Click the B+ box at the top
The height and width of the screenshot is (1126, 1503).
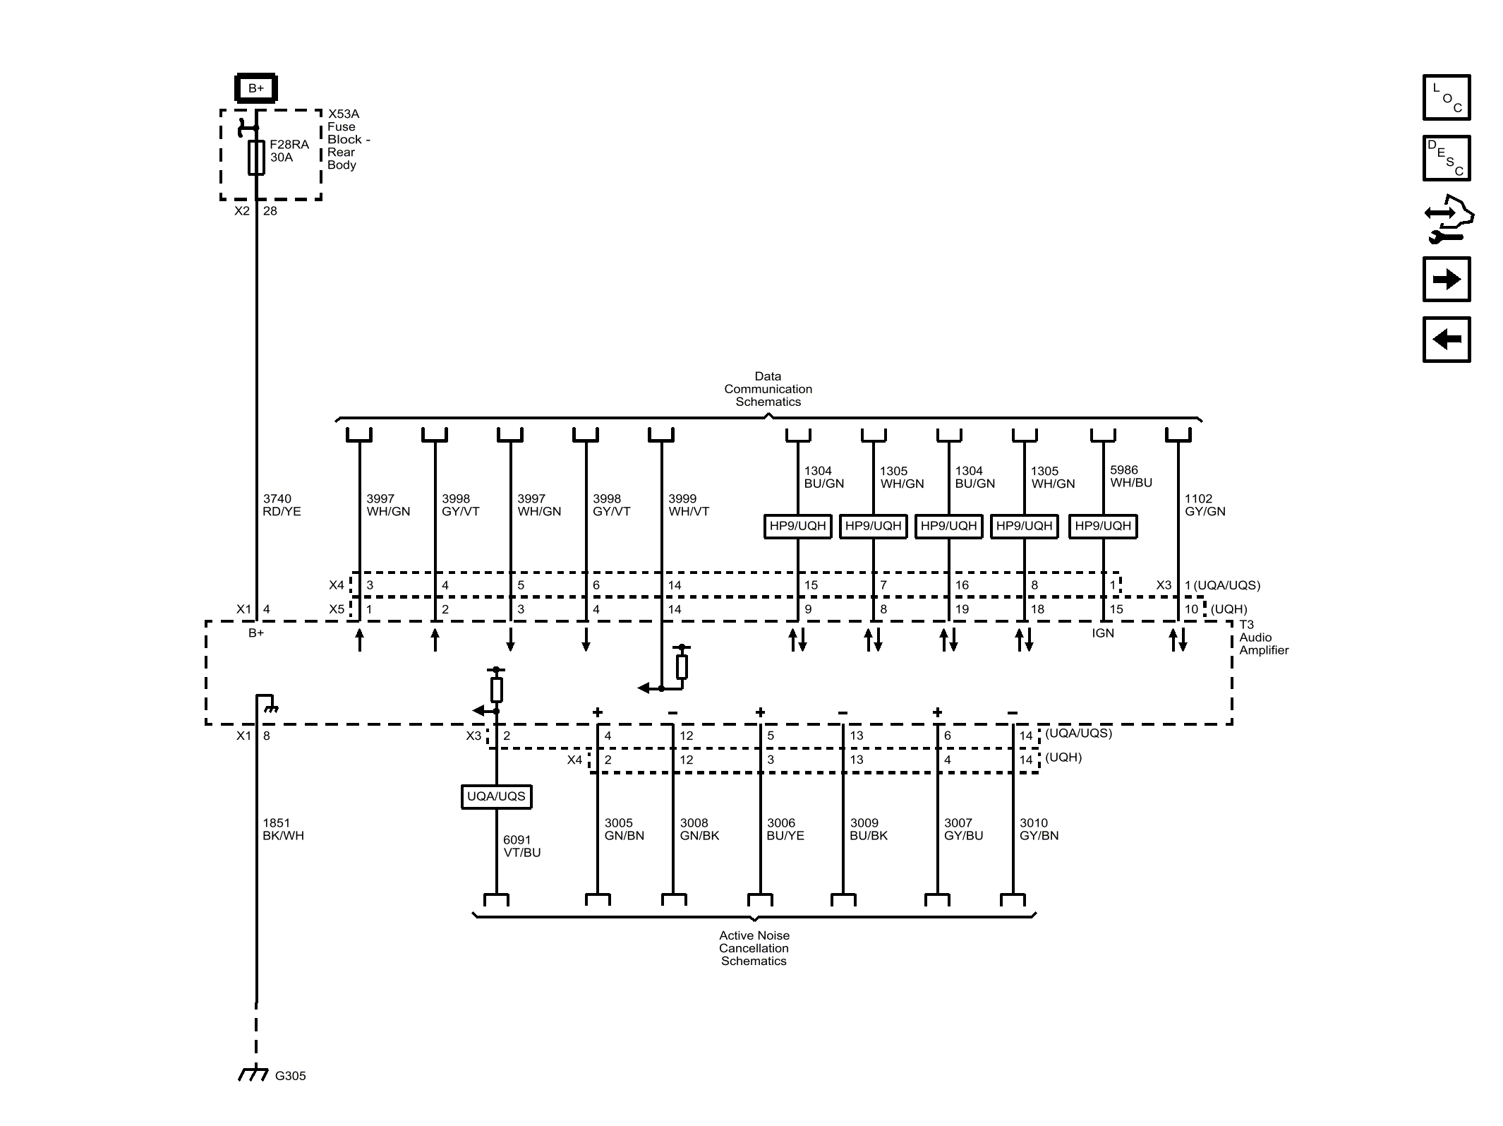(x=255, y=88)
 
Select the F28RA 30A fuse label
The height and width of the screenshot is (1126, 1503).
(x=289, y=150)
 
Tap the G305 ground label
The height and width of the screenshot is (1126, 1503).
(x=290, y=1076)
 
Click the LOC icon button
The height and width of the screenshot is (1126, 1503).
(x=1446, y=97)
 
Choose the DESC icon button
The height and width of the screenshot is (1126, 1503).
(x=1446, y=158)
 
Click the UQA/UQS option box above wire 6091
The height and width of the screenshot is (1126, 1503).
(x=496, y=796)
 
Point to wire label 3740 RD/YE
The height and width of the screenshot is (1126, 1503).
(x=281, y=505)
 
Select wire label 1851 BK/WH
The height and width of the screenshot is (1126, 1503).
(x=282, y=829)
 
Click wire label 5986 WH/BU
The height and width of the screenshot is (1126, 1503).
(x=1130, y=477)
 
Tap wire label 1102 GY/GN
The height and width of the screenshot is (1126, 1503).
(x=1204, y=505)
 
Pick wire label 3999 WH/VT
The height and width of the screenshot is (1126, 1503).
(x=688, y=505)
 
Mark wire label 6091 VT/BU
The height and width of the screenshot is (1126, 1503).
(x=521, y=846)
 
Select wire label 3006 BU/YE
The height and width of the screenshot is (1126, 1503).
(x=785, y=829)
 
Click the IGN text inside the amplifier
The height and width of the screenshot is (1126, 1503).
(x=1102, y=633)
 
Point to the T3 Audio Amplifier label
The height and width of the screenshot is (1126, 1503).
(x=1263, y=637)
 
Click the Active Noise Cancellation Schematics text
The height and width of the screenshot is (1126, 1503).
(x=754, y=948)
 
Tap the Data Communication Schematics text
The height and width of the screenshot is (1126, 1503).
(x=768, y=389)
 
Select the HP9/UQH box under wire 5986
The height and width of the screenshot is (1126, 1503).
(x=1102, y=526)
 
